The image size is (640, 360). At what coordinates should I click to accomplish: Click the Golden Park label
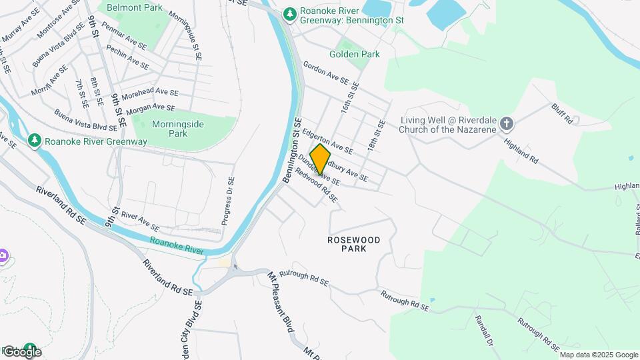(354, 54)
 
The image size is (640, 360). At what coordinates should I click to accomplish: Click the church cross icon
(507, 123)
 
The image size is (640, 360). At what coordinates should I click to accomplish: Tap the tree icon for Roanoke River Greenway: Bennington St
(289, 13)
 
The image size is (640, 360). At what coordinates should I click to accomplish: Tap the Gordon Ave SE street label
(325, 73)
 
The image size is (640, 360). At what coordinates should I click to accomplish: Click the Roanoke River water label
(176, 245)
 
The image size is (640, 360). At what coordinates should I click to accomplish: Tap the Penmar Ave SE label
(125, 37)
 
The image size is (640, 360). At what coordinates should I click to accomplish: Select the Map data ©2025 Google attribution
(599, 355)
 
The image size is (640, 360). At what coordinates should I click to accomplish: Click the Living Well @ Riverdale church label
(448, 124)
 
